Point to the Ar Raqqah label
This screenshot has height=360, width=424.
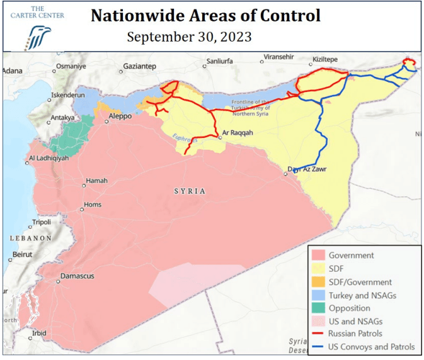click(x=238, y=133)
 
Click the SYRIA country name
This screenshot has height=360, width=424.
click(x=190, y=191)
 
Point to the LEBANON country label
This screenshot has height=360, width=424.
click(x=30, y=239)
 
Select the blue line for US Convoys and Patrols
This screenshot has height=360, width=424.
click(x=318, y=347)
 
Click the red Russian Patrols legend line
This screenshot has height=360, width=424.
click(x=318, y=334)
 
